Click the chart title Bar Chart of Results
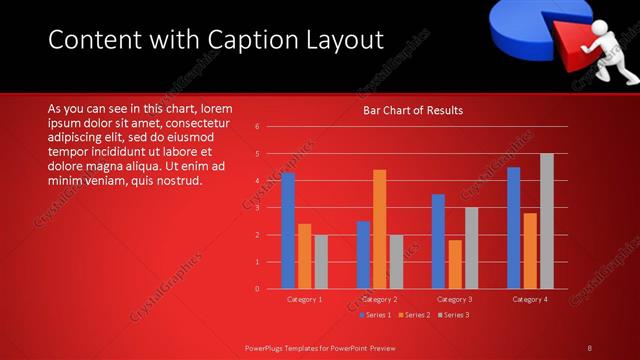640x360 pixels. click(x=413, y=110)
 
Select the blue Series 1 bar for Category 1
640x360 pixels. click(x=288, y=231)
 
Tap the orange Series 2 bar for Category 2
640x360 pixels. click(x=379, y=229)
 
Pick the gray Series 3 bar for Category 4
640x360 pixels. click(x=546, y=221)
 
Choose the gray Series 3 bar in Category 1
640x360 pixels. click(x=320, y=262)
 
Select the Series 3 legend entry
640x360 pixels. click(x=451, y=315)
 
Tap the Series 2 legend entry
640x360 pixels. click(x=413, y=315)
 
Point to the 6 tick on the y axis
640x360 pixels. click(x=258, y=127)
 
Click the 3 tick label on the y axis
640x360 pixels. click(x=258, y=208)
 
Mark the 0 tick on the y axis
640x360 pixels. click(x=258, y=289)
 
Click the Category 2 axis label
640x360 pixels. click(x=379, y=299)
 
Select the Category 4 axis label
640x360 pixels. click(x=529, y=299)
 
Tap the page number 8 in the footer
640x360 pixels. click(x=589, y=347)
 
